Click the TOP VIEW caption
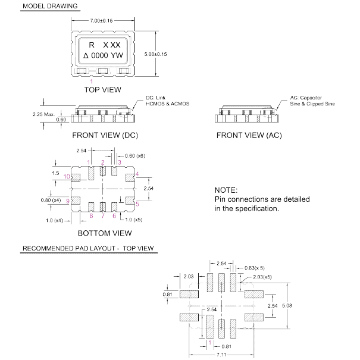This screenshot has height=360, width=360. click(x=103, y=90)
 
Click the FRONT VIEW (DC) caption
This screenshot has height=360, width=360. click(x=104, y=136)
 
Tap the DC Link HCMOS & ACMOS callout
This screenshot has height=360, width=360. click(x=167, y=101)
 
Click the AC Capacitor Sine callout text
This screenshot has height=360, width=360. click(x=312, y=101)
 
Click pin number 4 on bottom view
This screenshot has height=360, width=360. click(x=137, y=174)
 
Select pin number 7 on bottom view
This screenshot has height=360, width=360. click(x=103, y=216)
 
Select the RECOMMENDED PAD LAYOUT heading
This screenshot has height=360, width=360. click(x=89, y=248)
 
